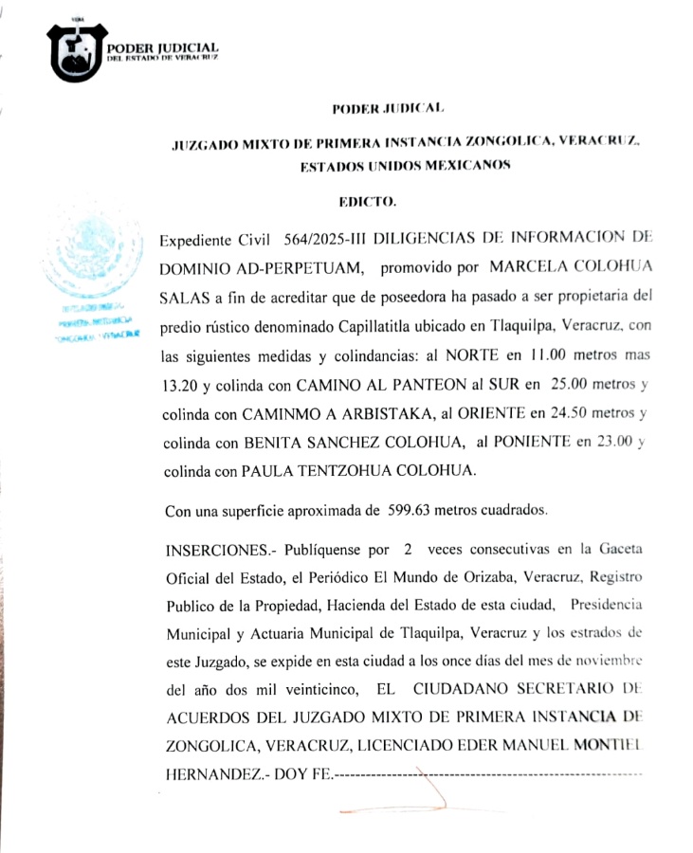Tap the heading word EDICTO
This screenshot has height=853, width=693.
(x=368, y=201)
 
